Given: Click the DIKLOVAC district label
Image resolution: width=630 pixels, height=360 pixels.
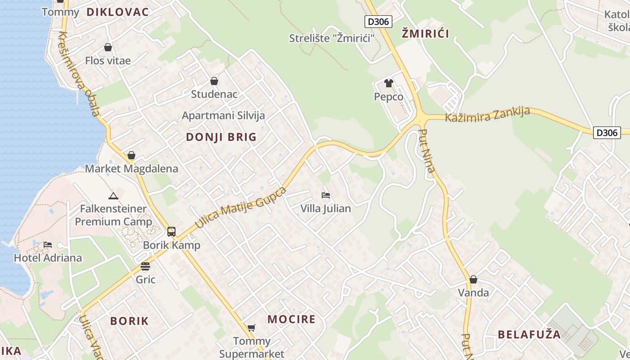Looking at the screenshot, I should tap(117, 12).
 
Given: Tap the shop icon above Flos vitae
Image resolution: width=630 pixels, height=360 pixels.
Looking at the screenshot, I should tap(108, 47).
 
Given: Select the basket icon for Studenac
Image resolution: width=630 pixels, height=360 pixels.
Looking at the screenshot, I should tap(214, 81).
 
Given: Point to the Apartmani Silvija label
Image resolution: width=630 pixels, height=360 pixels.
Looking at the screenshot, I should tap(223, 115).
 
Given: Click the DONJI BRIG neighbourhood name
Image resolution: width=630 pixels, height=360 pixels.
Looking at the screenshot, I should tap(221, 137).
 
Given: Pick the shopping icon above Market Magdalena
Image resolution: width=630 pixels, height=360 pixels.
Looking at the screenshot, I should tap(131, 155).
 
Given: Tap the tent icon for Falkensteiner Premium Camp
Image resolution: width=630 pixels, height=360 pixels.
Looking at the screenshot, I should tap(113, 196).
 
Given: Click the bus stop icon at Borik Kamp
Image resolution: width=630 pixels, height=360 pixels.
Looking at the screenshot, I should tap(171, 232).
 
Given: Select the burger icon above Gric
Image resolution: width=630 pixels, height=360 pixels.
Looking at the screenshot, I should tap(145, 266).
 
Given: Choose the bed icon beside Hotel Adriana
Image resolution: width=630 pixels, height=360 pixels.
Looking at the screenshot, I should tap(48, 245).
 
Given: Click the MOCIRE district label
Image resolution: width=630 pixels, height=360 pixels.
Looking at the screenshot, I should tap(292, 319).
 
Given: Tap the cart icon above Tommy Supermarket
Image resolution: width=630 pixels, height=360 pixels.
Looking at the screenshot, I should tap(252, 328).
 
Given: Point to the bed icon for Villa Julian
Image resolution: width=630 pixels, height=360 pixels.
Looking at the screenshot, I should tap(326, 195).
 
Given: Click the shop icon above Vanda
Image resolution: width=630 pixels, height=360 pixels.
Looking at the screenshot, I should tap(473, 279).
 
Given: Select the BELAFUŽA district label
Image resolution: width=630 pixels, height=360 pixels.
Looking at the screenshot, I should tap(530, 334).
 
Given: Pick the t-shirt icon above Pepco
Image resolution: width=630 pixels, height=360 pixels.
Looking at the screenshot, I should tap(389, 83).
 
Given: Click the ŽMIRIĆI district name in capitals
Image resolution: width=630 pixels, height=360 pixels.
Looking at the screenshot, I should tap(425, 33).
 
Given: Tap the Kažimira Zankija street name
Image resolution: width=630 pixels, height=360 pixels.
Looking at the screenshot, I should tap(487, 115).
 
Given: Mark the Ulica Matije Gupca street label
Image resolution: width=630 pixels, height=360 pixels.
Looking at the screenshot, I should tap(241, 207).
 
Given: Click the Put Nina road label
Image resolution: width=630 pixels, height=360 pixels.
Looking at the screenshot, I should tap(427, 151).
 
